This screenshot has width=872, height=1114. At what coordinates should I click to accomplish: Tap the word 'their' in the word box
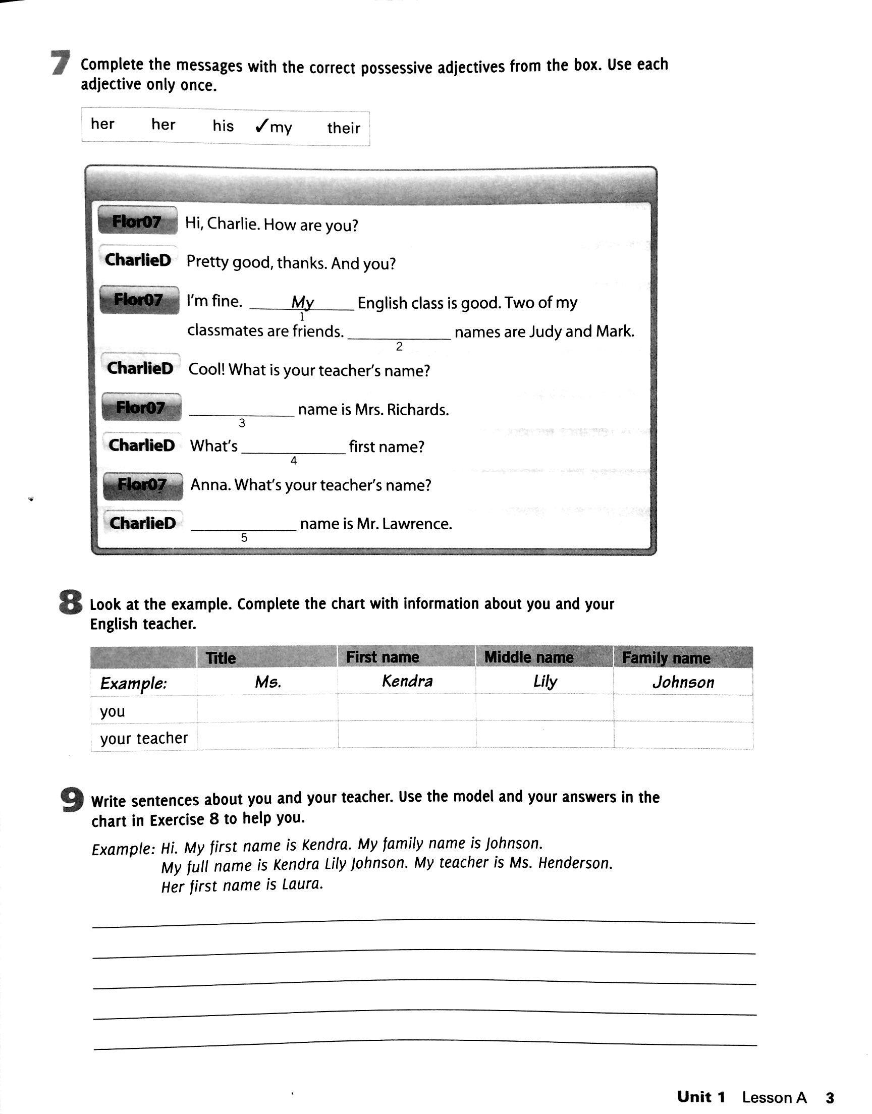[x=344, y=128]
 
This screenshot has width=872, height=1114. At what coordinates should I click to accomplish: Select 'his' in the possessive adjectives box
[x=223, y=126]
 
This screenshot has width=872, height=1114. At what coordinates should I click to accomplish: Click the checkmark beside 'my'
[x=261, y=126]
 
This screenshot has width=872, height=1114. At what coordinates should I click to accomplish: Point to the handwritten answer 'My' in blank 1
[x=302, y=303]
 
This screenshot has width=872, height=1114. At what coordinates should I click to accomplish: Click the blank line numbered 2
[x=399, y=335]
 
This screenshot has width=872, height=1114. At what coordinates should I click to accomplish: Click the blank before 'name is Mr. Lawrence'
[x=244, y=526]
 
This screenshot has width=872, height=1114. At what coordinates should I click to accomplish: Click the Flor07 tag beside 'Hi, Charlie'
[x=137, y=221]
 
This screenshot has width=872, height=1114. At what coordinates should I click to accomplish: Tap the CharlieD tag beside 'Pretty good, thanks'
[x=138, y=260]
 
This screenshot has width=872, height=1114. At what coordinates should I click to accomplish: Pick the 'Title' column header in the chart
[x=221, y=658]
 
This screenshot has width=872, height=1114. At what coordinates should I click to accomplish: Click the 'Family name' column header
[x=666, y=658]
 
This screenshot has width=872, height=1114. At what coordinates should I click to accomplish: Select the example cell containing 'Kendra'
[x=407, y=682]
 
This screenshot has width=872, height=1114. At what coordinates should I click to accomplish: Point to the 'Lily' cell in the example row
[x=544, y=682]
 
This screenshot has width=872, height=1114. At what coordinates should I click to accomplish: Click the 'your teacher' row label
[x=144, y=738]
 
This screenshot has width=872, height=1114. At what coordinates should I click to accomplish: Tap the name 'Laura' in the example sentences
[x=302, y=884]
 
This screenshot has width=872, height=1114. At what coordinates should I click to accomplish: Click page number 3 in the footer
[x=830, y=1096]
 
